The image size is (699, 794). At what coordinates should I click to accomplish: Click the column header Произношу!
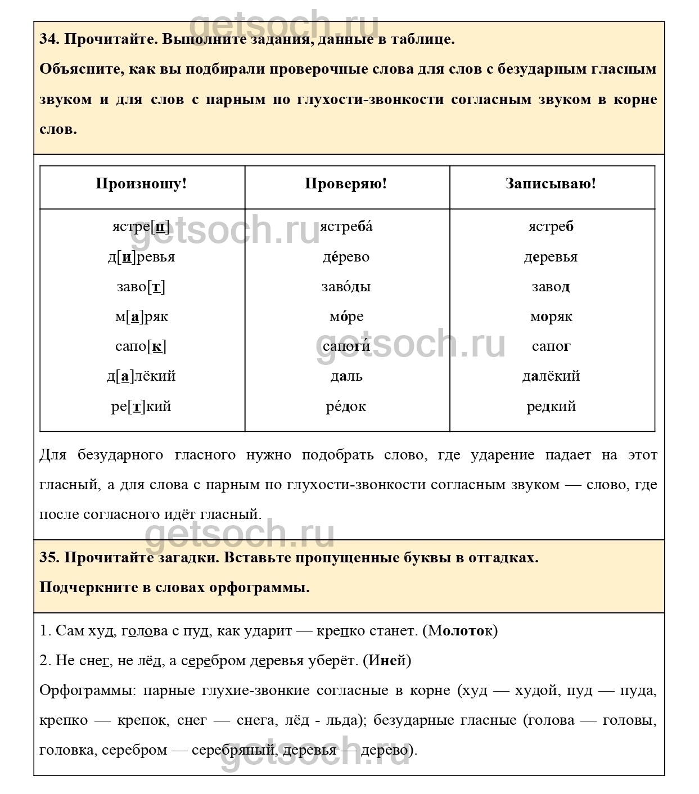[141, 184]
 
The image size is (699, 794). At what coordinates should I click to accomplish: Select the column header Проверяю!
[346, 184]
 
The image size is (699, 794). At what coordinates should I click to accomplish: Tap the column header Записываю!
[551, 184]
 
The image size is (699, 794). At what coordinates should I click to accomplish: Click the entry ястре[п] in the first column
[141, 227]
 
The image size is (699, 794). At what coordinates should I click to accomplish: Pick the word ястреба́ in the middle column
[346, 227]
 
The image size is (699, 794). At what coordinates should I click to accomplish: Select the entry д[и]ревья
[141, 257]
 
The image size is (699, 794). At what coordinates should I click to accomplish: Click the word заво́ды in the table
[346, 287]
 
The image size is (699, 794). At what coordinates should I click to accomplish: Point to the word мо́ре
[346, 317]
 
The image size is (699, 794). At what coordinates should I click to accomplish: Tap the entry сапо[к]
[141, 346]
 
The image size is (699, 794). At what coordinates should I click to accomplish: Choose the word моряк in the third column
[551, 317]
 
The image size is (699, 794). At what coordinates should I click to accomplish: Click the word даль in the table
[346, 376]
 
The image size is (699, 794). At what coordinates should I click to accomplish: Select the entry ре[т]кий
[141, 406]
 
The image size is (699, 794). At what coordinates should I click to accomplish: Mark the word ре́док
[346, 406]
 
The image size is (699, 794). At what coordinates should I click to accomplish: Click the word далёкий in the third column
[551, 376]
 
